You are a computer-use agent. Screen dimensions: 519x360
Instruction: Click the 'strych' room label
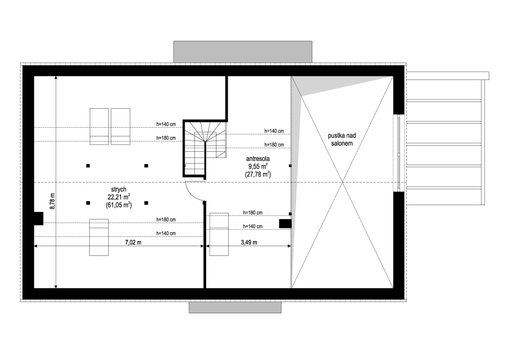coord(118,190)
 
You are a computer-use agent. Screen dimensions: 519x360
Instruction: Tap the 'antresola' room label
coord(258,159)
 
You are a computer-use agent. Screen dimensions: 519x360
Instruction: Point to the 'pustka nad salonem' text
coord(342,139)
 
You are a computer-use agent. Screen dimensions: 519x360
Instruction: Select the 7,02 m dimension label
coord(133,243)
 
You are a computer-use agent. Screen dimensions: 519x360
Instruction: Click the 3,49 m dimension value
coord(249,243)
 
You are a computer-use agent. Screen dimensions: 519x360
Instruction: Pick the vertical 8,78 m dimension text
coord(52,201)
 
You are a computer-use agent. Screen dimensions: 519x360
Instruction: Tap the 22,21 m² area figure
coord(118,197)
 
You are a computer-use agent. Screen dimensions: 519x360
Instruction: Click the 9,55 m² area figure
coord(258,167)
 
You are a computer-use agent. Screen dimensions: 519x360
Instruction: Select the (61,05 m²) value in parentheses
coord(118,205)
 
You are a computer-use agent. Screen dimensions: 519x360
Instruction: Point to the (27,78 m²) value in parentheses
coord(258,174)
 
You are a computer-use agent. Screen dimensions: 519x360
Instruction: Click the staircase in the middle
coord(205,149)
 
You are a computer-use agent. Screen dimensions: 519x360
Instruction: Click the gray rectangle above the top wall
coord(243,52)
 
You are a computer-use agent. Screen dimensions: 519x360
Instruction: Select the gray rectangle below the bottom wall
coord(235,307)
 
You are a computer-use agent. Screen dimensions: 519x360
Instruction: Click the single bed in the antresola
coord(219,234)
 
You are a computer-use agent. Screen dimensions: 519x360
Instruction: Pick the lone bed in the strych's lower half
coord(99,237)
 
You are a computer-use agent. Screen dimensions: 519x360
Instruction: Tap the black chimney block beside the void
coord(285,224)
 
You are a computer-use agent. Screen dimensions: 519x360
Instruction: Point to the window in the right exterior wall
coord(399,153)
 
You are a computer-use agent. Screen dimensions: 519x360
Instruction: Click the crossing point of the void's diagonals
coord(342,183)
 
